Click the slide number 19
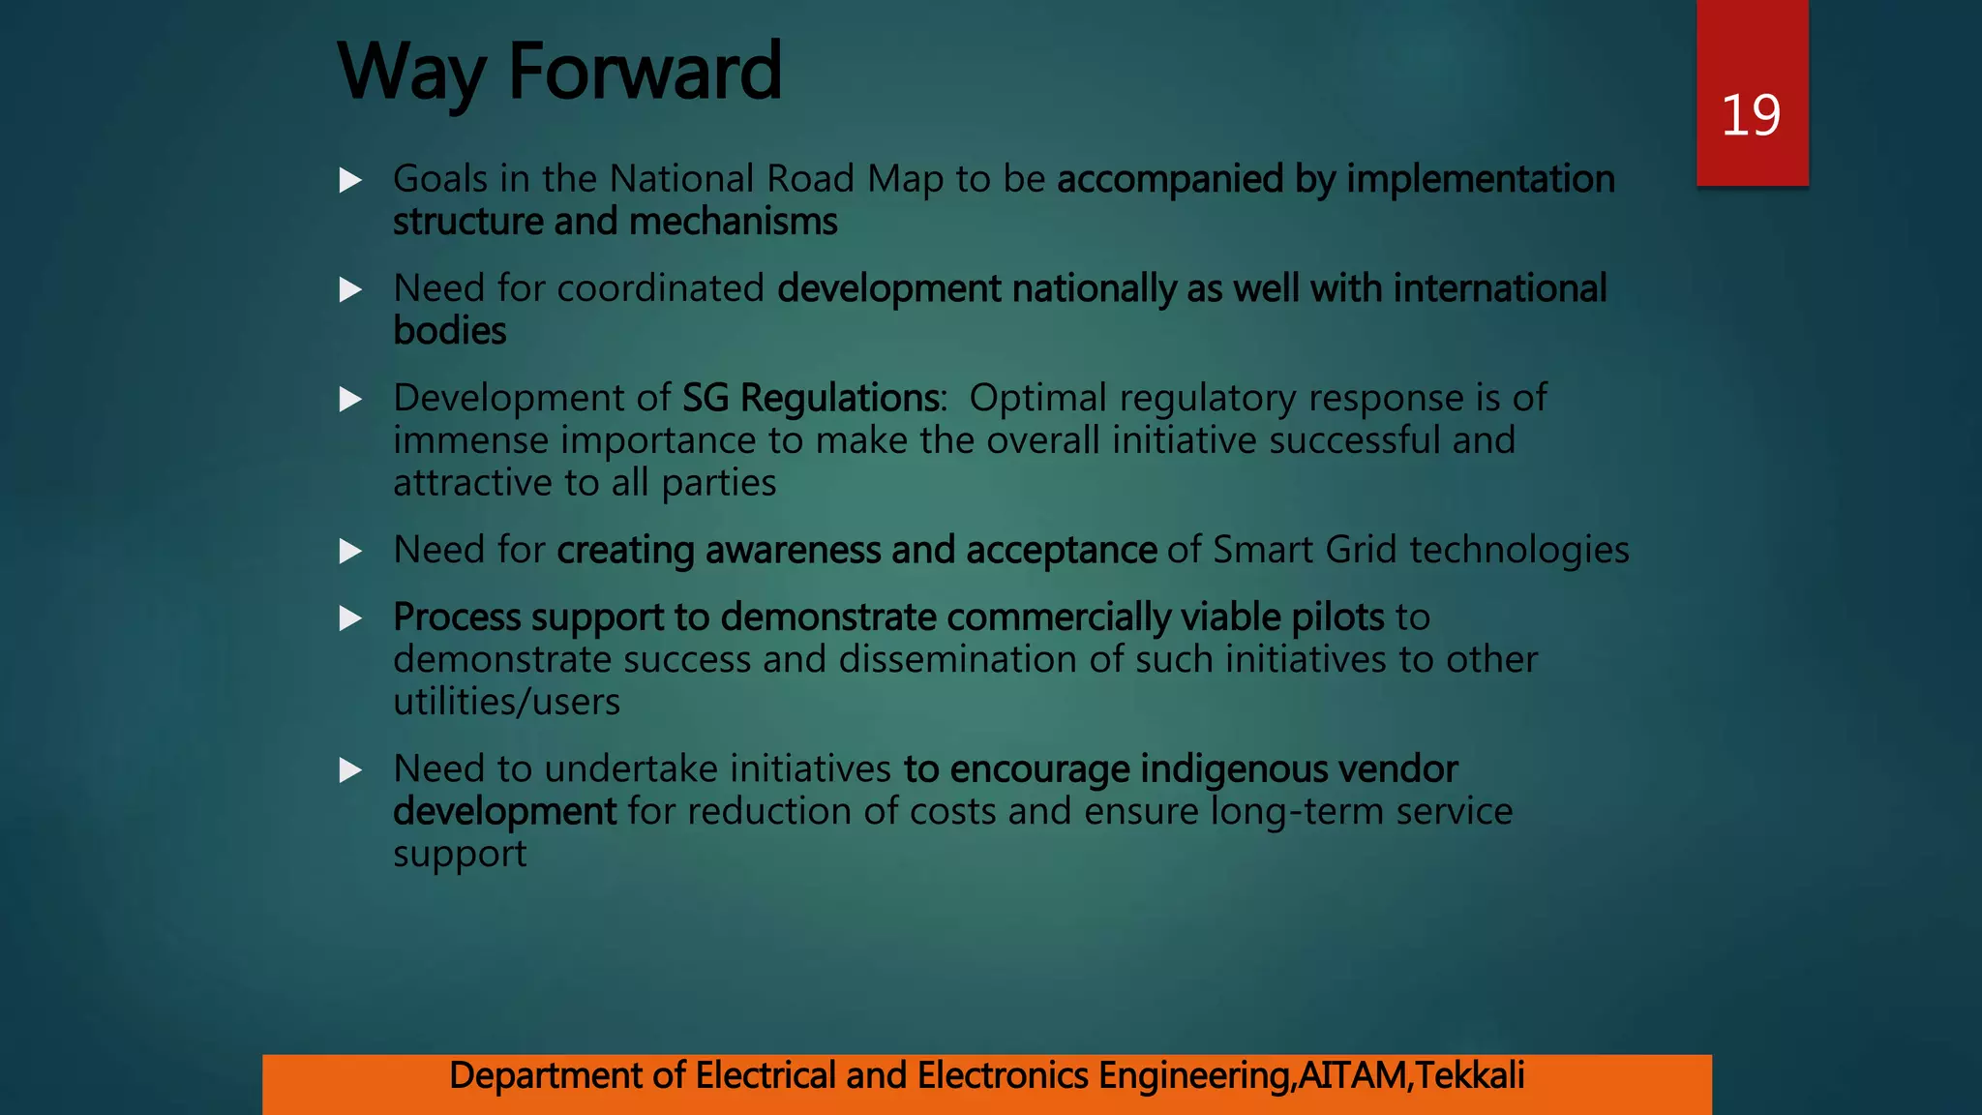point(1751,115)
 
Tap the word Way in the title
point(410,74)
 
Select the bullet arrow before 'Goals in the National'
point(351,180)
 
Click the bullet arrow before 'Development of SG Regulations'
point(351,399)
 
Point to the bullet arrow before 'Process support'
point(351,618)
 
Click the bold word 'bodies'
point(449,331)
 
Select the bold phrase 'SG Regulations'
point(810,398)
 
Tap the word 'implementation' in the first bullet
point(1481,179)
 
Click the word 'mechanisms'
point(733,222)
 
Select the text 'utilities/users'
point(506,702)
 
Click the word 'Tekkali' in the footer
point(1470,1075)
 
